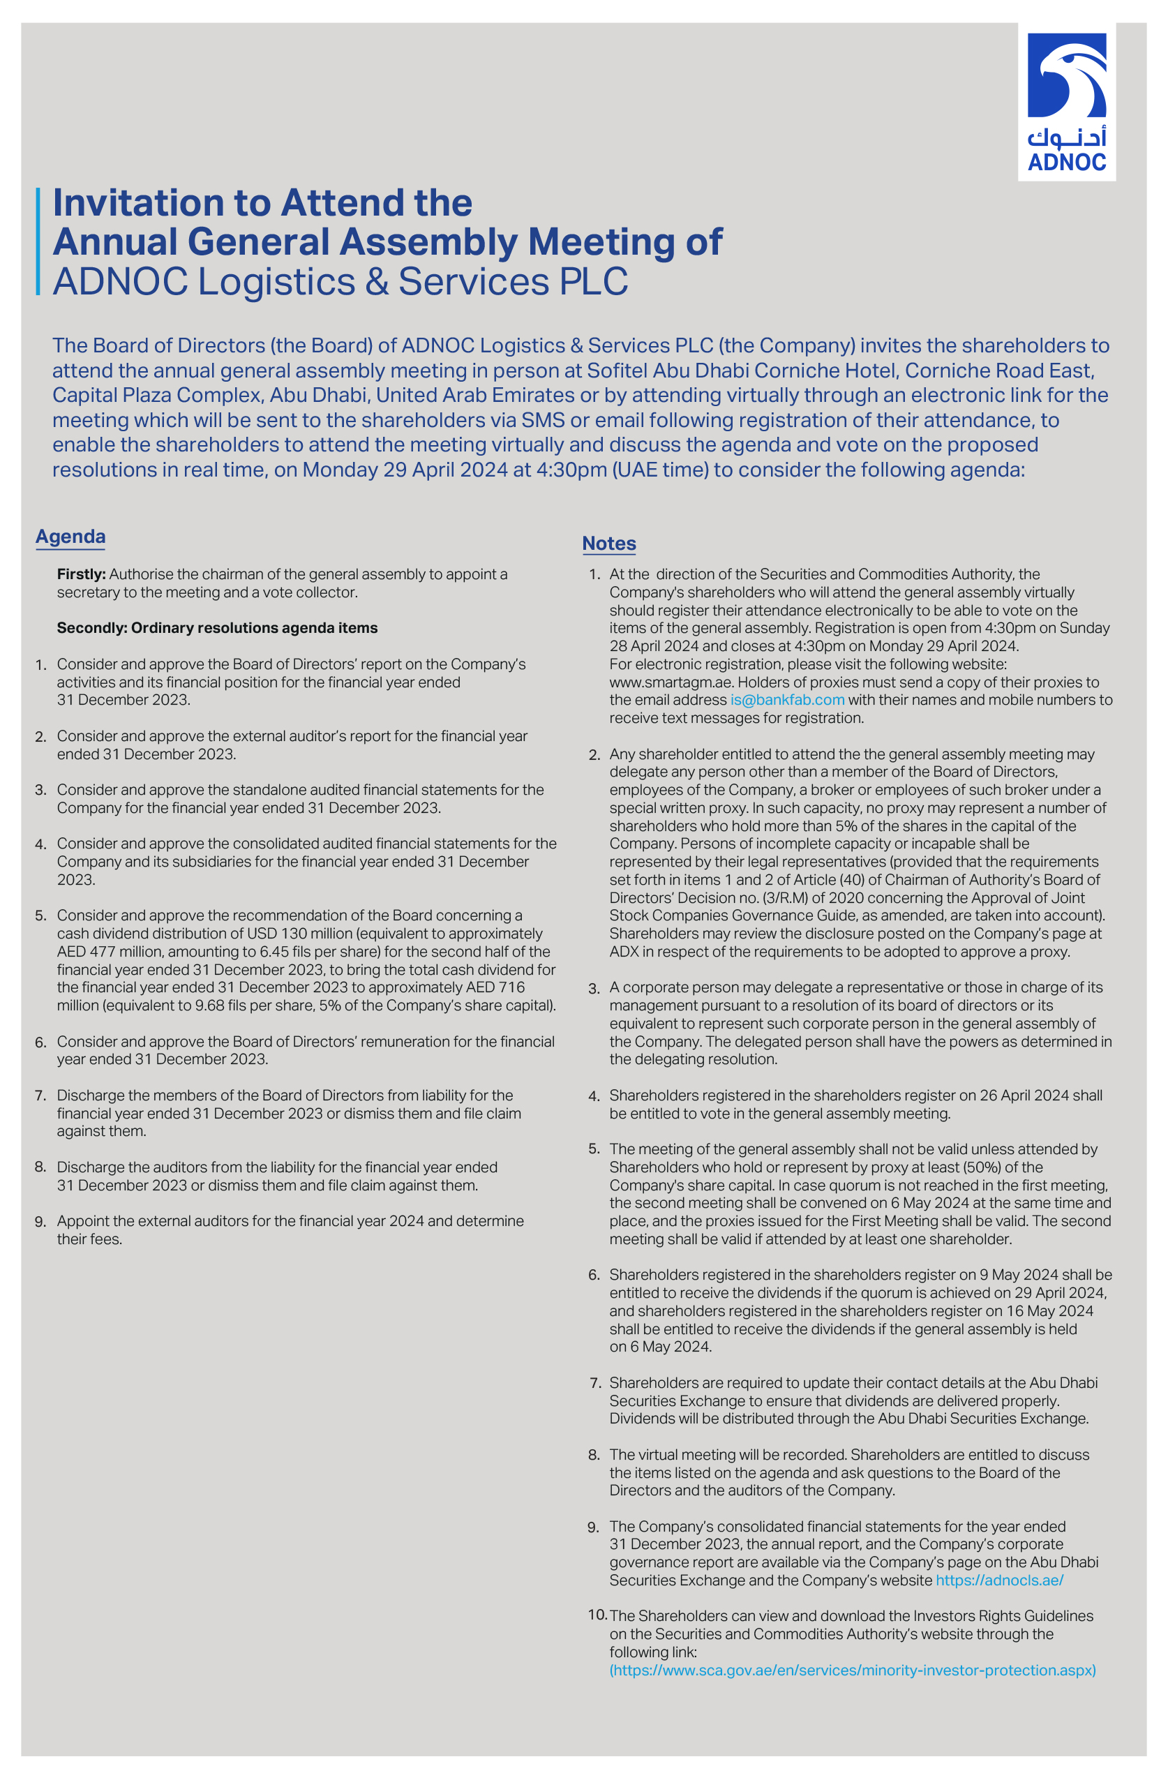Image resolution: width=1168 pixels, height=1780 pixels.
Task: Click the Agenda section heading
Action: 70,537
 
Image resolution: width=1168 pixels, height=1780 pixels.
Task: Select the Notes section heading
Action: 608,543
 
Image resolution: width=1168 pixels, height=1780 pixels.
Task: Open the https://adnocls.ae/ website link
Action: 999,1580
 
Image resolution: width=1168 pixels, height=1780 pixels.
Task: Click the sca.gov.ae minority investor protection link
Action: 853,1670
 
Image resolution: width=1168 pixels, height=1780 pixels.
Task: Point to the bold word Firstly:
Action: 81,574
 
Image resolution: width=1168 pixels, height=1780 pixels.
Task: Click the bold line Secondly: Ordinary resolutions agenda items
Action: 217,627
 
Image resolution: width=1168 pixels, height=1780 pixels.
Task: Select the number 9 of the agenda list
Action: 40,1222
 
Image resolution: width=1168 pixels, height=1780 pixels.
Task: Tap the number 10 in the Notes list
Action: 597,1615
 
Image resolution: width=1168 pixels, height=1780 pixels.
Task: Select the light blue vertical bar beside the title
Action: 38,241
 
